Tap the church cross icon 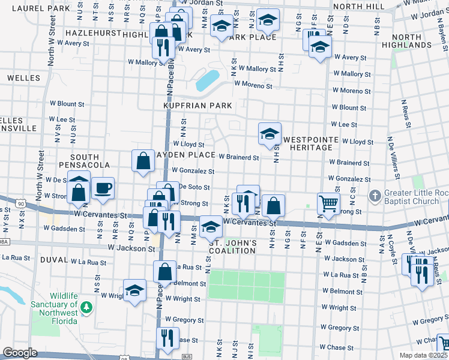(x=375, y=196)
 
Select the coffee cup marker (x=103, y=188)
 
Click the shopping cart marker (x=328, y=203)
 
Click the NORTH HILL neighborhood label (x=358, y=6)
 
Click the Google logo (x=20, y=353)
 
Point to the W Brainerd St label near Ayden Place (x=238, y=157)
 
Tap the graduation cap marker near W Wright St (x=135, y=291)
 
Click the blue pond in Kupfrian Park (x=207, y=80)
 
